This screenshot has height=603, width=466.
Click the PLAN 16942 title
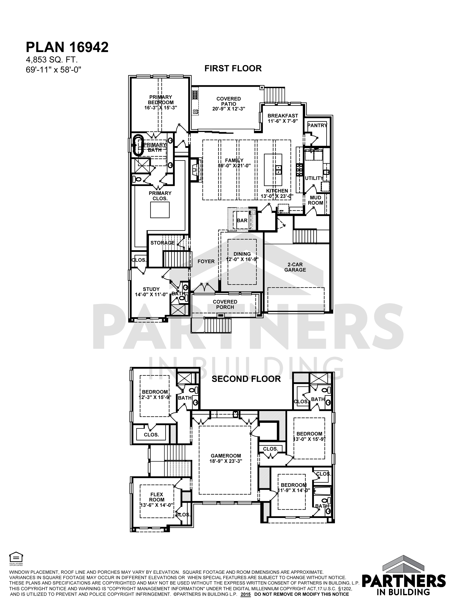67,47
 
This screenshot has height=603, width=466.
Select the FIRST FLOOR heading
233,69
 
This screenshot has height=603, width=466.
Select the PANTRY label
317,125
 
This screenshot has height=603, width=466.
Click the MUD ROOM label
316,200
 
